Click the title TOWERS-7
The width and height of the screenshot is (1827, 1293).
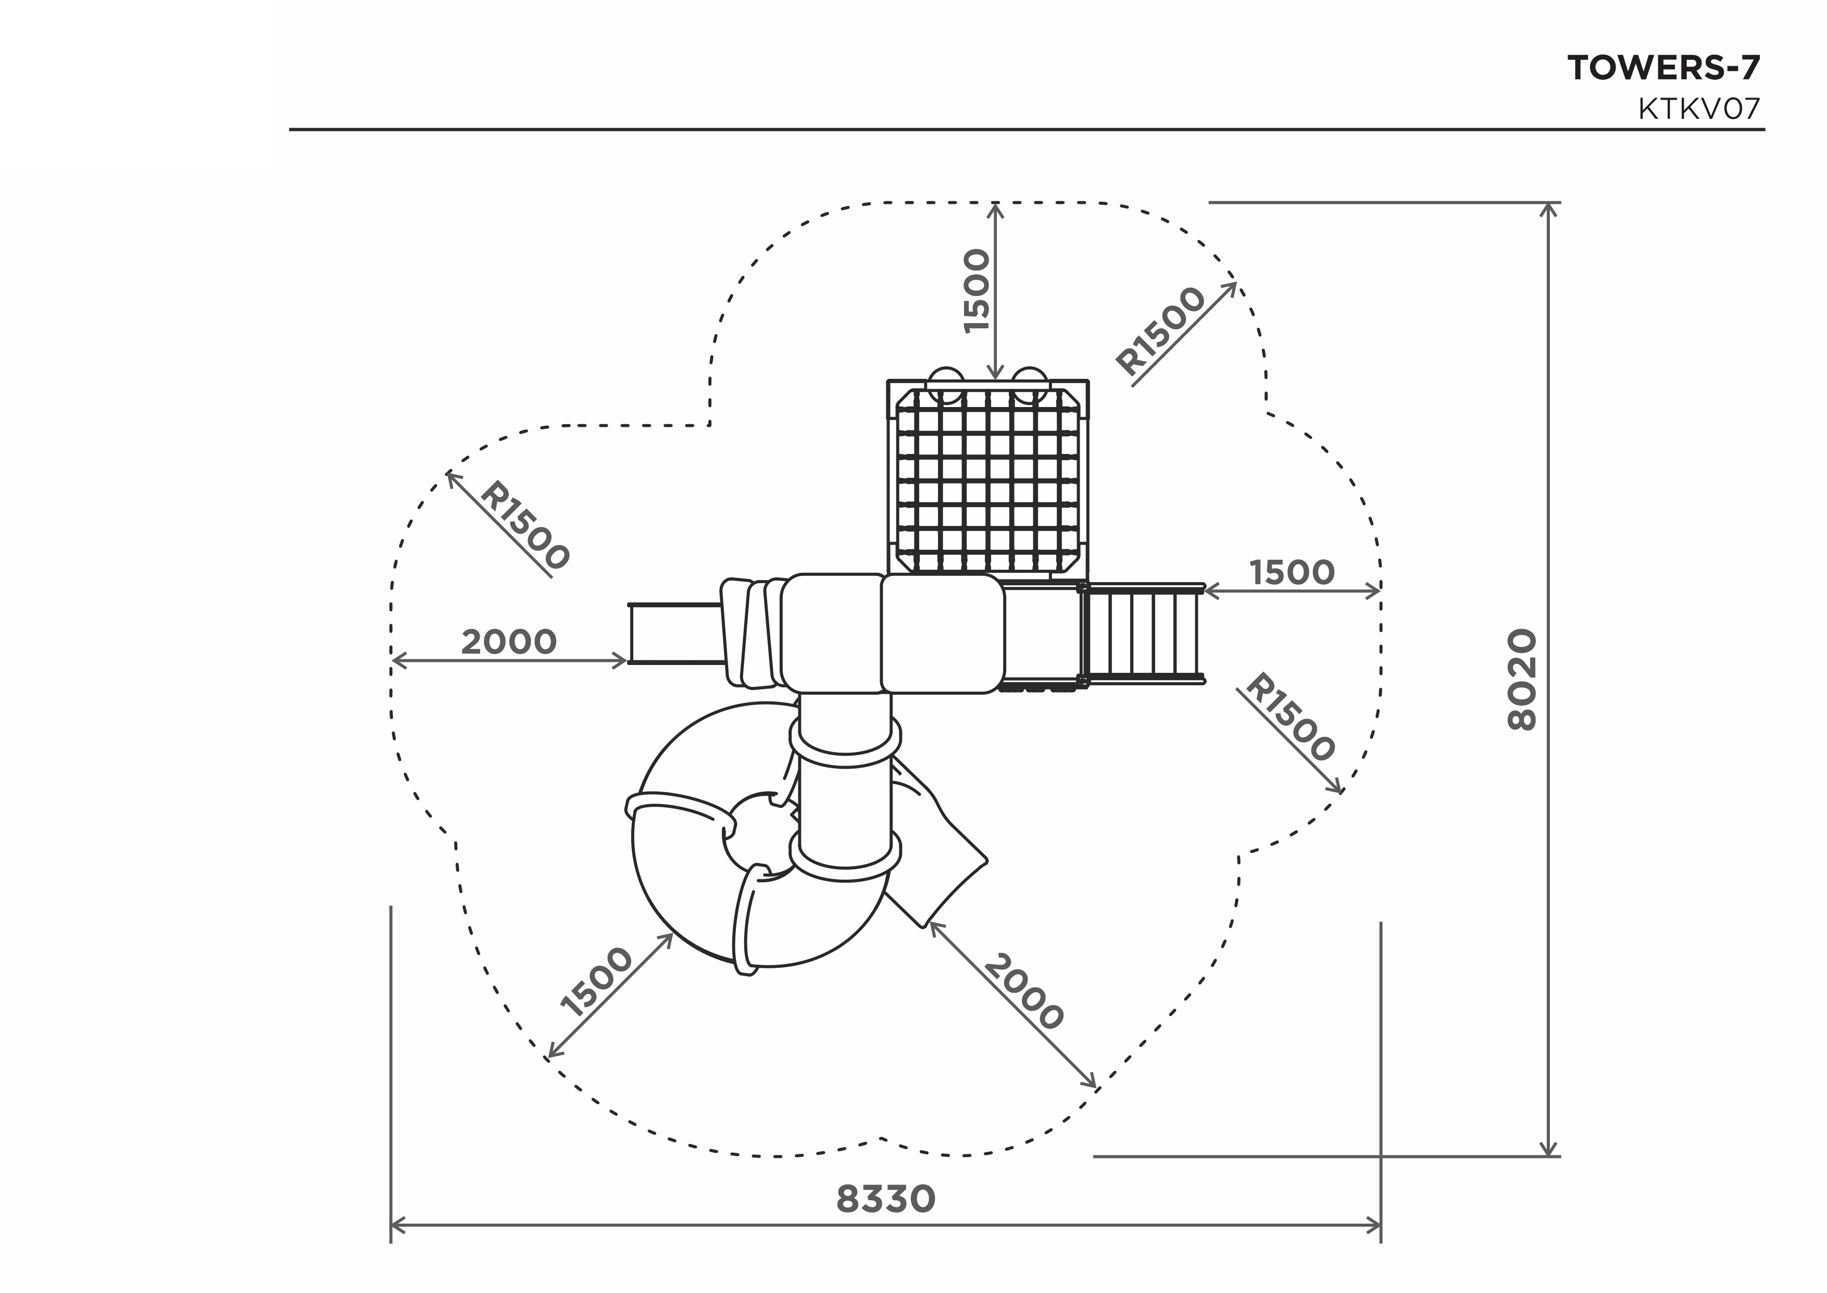click(1664, 68)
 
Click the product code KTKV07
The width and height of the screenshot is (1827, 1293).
click(1699, 109)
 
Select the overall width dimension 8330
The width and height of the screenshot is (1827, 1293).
click(886, 1200)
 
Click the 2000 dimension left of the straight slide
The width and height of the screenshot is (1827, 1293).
click(509, 642)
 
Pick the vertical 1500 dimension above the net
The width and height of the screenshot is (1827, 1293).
click(977, 291)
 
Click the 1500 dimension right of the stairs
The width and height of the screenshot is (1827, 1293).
click(1292, 572)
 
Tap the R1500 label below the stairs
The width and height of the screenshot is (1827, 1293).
click(1289, 717)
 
